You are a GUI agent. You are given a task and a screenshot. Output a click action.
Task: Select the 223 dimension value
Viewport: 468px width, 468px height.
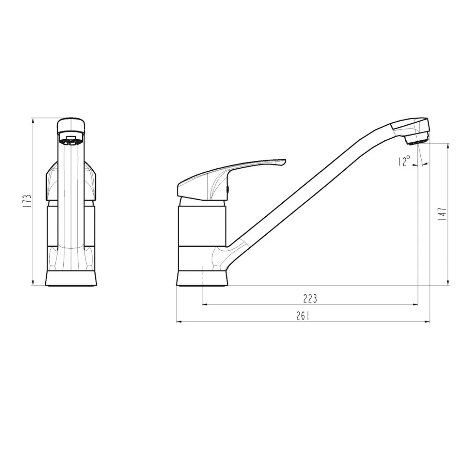(310, 298)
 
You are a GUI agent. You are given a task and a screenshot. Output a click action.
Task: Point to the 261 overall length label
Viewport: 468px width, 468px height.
(303, 316)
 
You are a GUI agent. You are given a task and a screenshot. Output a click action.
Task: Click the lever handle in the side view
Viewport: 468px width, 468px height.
(231, 179)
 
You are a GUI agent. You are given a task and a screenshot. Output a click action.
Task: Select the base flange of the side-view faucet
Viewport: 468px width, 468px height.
(202, 278)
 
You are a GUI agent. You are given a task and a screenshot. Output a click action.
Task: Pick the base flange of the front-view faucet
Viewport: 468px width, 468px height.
(71, 278)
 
